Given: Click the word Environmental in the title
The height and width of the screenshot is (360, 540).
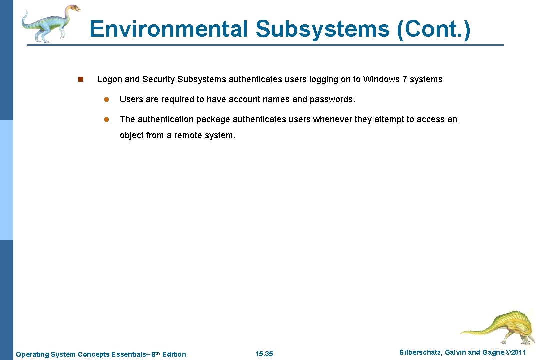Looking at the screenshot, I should click(169, 29).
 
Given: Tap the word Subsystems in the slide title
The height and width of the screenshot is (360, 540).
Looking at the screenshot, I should click(322, 29).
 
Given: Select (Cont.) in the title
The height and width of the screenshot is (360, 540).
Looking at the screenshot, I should click(433, 29).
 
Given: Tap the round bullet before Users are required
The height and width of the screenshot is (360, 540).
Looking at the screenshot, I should click(106, 99).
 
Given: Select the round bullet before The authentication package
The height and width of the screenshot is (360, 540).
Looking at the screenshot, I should click(106, 119).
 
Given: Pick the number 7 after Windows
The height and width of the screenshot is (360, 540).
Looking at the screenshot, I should click(404, 79).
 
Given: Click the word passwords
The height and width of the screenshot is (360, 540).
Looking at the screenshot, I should click(332, 99).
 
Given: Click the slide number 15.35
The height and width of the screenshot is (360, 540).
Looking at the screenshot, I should click(264, 354).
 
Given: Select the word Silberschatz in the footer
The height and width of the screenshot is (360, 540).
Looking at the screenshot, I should click(420, 353).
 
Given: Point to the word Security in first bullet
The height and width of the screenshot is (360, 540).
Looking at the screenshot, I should click(159, 79).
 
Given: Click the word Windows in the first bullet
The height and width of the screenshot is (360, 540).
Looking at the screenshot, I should click(381, 79).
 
